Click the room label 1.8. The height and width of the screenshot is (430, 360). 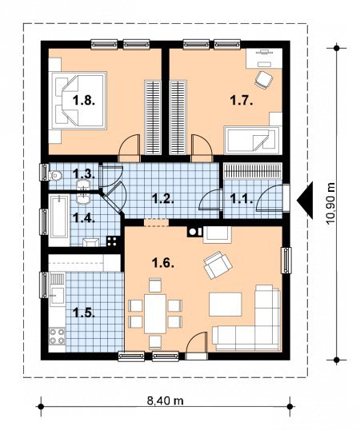(x=84, y=101)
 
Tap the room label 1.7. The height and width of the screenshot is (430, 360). (x=241, y=101)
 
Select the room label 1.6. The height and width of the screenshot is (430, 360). (x=163, y=264)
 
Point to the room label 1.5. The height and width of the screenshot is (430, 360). (x=84, y=313)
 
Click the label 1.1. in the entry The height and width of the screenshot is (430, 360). (x=242, y=198)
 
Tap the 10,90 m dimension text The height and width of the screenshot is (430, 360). (x=331, y=204)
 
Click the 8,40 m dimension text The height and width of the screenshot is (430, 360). (x=165, y=401)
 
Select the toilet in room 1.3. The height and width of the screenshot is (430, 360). (x=55, y=176)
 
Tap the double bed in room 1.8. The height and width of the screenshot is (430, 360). (x=78, y=101)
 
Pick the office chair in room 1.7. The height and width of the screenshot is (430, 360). (x=263, y=80)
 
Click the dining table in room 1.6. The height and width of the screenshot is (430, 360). (x=155, y=314)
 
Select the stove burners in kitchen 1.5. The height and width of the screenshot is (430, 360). (x=58, y=336)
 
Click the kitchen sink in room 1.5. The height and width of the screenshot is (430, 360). (x=58, y=289)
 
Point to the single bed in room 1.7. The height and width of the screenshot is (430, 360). (x=252, y=140)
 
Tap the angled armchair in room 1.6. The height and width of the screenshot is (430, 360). (x=218, y=265)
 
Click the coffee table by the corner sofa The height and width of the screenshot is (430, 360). (x=226, y=305)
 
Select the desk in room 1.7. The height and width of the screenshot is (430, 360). (x=264, y=58)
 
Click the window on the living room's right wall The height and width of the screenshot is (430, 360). (x=286, y=261)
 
